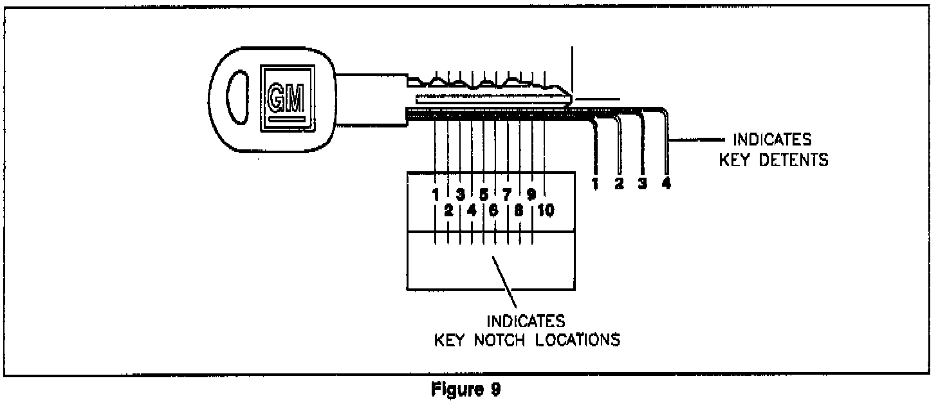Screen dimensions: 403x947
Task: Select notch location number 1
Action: pyautogui.click(x=436, y=193)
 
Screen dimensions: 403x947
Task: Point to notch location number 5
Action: pyautogui.click(x=483, y=193)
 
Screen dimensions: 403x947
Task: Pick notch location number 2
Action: pyautogui.click(x=449, y=211)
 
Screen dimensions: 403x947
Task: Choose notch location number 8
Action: pyautogui.click(x=519, y=211)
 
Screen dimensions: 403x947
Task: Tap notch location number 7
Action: pyautogui.click(x=506, y=193)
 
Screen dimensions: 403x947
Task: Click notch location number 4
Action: pyautogui.click(x=472, y=211)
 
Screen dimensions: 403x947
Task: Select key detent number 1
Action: pyautogui.click(x=595, y=184)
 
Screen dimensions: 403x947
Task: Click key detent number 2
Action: pyautogui.click(x=619, y=184)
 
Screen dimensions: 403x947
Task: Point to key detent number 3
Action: pyautogui.click(x=642, y=184)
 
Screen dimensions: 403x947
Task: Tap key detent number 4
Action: pyautogui.click(x=667, y=184)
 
